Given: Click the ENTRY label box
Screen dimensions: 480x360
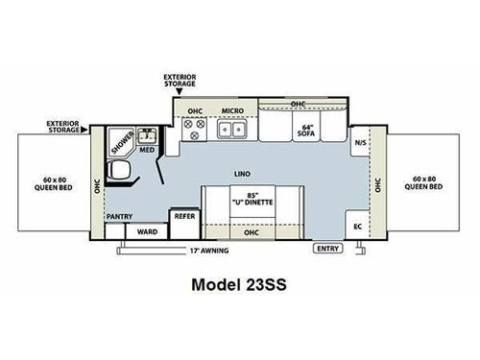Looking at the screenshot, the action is [x=327, y=249].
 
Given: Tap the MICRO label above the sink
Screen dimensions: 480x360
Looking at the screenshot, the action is [x=232, y=110].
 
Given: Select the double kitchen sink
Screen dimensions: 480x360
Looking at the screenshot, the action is [x=232, y=130].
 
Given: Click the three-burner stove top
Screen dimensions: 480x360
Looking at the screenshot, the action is [x=195, y=130].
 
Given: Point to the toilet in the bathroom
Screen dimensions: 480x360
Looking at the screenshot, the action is [x=119, y=170].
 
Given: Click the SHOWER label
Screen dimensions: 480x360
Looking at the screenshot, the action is [x=122, y=142].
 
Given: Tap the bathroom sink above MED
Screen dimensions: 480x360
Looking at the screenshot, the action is [x=147, y=136].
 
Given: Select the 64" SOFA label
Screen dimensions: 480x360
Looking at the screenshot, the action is [x=306, y=131].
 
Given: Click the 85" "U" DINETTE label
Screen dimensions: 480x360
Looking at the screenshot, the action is [x=252, y=199].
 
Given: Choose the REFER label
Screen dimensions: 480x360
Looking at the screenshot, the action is [x=184, y=216].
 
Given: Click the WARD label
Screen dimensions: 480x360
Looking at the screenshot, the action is [x=147, y=231].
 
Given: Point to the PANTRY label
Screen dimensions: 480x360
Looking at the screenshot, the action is [x=119, y=216].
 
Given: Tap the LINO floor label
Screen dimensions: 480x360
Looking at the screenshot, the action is [x=242, y=174].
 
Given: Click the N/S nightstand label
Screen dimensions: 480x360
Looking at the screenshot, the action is [x=361, y=142].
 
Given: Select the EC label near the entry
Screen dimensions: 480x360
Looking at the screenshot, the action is [x=358, y=227].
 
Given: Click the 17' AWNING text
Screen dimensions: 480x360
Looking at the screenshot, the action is [x=209, y=251].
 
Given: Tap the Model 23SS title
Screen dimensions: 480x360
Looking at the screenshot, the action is [x=239, y=284].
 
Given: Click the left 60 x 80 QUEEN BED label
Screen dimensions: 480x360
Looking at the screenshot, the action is [x=54, y=183].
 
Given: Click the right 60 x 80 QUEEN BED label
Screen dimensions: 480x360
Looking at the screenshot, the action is [x=423, y=182].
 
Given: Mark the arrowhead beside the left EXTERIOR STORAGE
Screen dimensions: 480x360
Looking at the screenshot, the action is [x=84, y=130].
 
